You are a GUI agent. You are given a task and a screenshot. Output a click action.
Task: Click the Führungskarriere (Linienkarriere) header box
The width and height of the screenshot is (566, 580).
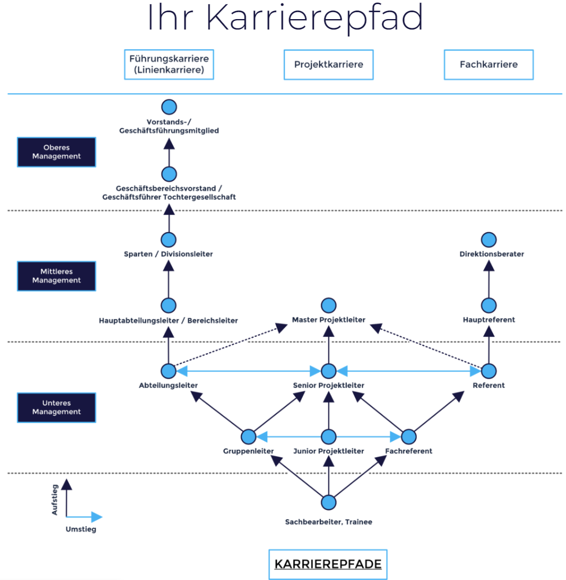click(x=169, y=64)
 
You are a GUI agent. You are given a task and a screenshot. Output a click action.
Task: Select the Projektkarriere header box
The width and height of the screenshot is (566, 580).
click(x=328, y=64)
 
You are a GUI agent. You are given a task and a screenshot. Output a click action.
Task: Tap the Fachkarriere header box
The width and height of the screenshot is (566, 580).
click(x=489, y=64)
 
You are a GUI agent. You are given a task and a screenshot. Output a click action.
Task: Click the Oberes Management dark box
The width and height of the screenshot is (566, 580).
click(x=56, y=152)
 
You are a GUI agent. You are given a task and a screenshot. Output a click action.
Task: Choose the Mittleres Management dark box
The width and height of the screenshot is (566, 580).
click(x=56, y=276)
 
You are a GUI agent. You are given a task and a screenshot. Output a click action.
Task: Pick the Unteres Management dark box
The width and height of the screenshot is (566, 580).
click(x=56, y=407)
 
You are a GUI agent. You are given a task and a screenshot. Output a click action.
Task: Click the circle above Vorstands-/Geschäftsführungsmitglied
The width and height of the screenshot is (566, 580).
click(x=169, y=107)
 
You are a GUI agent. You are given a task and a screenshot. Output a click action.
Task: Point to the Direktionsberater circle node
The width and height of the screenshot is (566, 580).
click(x=489, y=239)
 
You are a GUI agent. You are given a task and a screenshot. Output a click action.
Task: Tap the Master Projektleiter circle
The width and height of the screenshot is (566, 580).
click(x=328, y=305)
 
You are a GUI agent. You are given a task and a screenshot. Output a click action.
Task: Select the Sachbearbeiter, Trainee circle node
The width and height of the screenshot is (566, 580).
click(x=328, y=502)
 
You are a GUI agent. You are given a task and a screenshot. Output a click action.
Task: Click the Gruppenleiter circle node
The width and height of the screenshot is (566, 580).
click(x=249, y=436)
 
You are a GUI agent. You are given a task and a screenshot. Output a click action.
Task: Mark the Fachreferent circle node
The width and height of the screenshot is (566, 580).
click(x=409, y=436)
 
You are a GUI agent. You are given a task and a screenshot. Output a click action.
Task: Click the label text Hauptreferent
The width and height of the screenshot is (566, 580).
click(x=489, y=320)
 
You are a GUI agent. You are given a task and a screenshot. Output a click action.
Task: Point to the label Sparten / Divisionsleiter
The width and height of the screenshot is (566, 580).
click(x=168, y=254)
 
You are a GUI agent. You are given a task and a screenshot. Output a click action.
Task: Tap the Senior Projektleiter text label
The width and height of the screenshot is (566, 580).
click(x=328, y=386)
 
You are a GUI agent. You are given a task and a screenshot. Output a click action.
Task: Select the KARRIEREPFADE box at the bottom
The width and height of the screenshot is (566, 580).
click(x=328, y=564)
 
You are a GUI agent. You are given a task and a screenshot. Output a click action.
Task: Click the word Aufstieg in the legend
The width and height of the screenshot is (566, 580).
click(x=55, y=499)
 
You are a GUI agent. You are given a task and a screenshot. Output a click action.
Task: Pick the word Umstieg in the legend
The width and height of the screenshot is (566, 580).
click(x=81, y=529)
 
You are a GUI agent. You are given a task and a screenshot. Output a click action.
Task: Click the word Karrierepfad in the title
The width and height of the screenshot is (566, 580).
click(x=315, y=19)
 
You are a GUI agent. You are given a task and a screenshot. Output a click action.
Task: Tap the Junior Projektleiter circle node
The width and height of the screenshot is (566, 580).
click(x=328, y=436)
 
